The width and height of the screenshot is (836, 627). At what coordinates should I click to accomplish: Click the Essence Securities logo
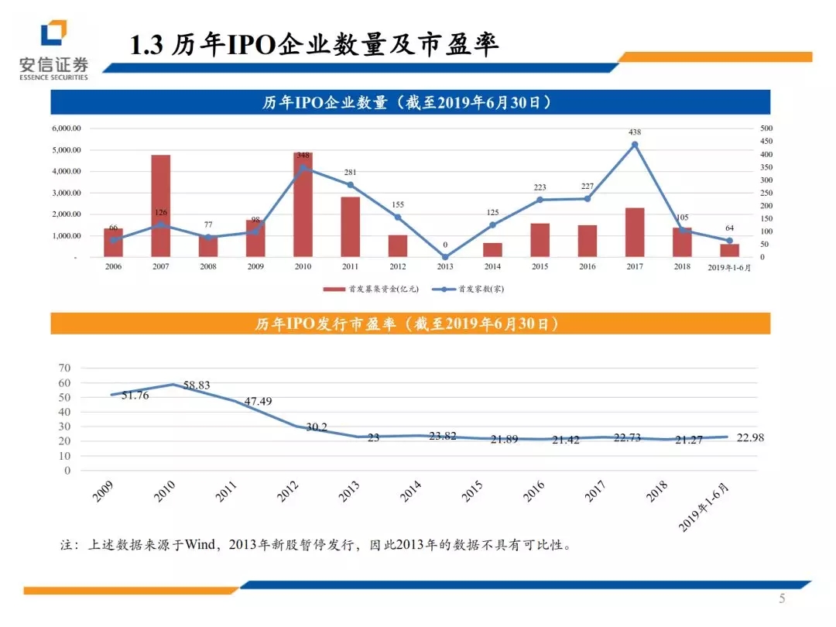click(53, 48)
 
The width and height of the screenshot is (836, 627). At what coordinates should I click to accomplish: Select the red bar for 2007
click(160, 206)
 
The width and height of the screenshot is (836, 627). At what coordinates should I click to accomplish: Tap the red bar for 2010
click(303, 205)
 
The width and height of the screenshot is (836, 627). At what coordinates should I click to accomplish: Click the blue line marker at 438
click(635, 145)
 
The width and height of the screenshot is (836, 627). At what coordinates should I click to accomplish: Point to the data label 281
click(350, 172)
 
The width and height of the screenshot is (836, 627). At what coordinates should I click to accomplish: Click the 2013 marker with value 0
click(445, 256)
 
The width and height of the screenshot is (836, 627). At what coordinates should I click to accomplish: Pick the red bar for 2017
click(635, 232)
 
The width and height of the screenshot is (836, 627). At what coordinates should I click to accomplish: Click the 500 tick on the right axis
click(766, 128)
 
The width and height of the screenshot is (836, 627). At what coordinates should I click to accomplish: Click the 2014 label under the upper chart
click(492, 267)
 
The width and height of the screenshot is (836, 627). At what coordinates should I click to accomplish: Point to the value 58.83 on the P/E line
click(197, 385)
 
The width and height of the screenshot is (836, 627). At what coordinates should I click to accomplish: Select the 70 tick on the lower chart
click(64, 368)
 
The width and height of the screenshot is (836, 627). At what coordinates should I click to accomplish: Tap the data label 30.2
click(316, 427)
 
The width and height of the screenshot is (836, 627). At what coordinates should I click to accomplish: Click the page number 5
click(781, 598)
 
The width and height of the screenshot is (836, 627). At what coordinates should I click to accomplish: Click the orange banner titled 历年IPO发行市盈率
click(410, 324)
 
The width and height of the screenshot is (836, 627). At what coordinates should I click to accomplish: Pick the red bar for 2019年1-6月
click(729, 250)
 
